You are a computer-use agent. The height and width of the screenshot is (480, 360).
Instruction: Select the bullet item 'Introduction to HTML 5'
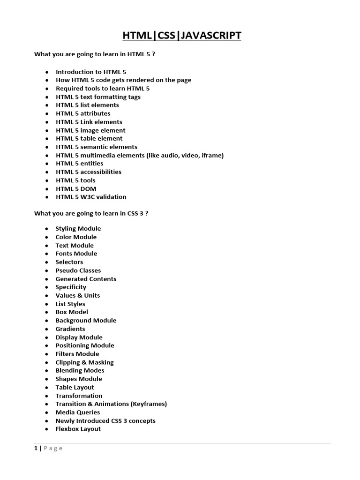click(91, 72)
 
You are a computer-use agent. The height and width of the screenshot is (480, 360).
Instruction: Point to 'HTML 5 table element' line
click(89, 138)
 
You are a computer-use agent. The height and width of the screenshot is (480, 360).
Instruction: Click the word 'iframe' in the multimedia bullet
click(211, 155)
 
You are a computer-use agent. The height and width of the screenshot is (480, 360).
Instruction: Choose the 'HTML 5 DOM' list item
click(76, 188)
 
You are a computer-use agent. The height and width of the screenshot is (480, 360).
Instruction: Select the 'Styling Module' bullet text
click(78, 229)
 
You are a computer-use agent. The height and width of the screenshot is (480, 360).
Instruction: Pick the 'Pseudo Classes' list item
click(78, 270)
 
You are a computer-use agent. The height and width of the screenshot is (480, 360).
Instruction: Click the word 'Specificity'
click(71, 287)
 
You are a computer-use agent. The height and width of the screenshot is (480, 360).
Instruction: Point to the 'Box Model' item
click(72, 312)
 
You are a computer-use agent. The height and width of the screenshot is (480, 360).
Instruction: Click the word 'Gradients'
click(70, 329)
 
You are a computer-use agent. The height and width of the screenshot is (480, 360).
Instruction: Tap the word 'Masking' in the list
click(101, 362)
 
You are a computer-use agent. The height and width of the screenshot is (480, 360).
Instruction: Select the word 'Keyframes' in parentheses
click(150, 404)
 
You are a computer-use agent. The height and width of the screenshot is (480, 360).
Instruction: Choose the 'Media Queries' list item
click(78, 412)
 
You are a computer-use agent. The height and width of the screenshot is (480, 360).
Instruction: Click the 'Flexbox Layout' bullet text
click(78, 429)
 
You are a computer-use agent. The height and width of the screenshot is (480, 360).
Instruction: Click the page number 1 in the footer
click(36, 448)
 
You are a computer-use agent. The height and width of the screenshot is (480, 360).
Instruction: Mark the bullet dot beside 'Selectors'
click(47, 262)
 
